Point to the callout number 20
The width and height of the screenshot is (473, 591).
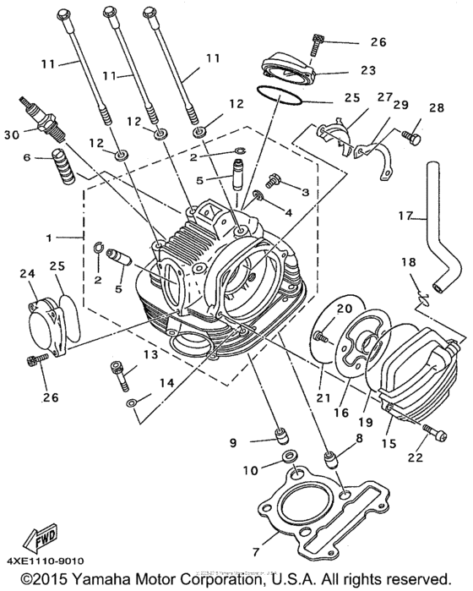point(343,309)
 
